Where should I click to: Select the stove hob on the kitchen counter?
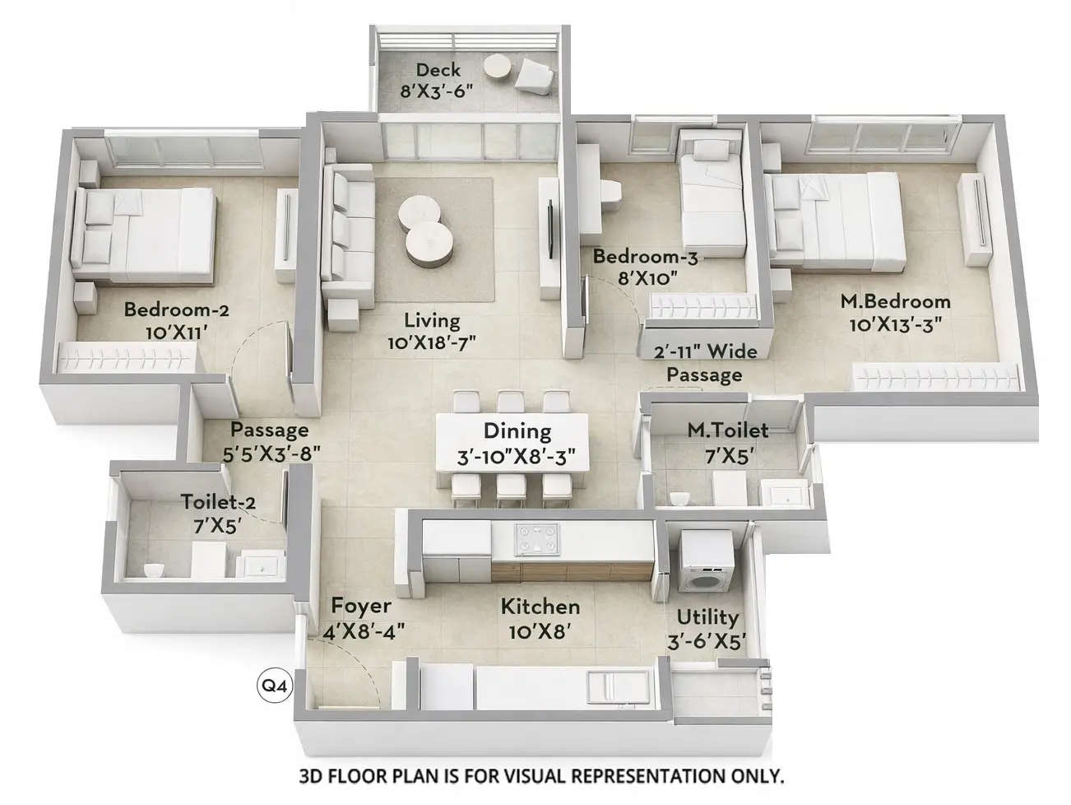tap(536, 539)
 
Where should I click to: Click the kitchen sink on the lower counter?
tap(610, 686)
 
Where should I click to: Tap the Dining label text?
tap(517, 430)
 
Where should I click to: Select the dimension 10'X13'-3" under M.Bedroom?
tap(895, 323)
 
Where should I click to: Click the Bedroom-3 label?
tap(645, 257)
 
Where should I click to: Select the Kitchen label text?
tap(540, 607)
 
